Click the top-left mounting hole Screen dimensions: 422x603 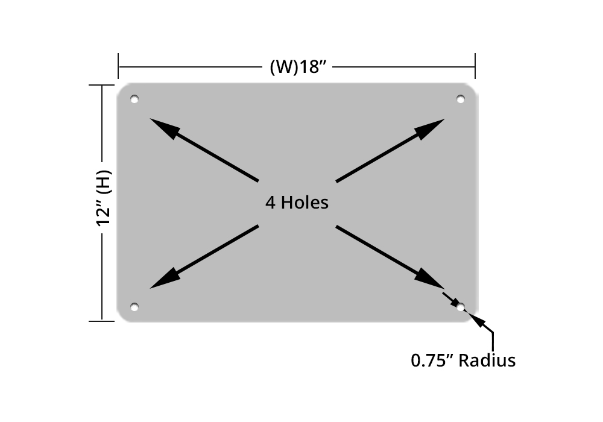(134, 99)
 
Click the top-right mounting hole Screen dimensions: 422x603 (460, 99)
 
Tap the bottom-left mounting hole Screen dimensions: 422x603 (134, 307)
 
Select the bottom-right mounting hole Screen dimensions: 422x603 (461, 307)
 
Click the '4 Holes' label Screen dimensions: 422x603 (297, 202)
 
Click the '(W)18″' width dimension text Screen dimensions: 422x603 (297, 66)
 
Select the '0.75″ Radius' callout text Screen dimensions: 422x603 (463, 361)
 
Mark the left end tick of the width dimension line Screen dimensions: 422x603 (119, 66)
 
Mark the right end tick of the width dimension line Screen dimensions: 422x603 (475, 66)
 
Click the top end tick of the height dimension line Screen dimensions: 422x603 (102, 86)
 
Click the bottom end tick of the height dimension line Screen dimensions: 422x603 (102, 321)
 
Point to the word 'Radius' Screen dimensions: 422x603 (487, 361)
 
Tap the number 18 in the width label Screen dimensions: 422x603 (309, 66)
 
